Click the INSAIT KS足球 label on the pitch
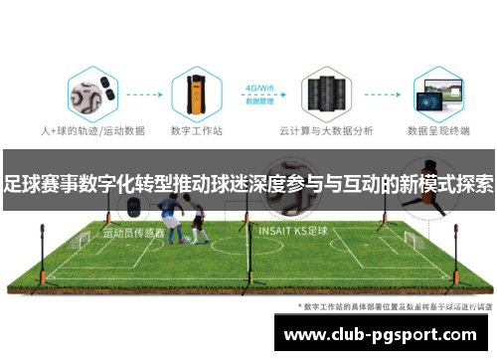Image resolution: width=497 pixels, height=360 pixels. tap(292, 230)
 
